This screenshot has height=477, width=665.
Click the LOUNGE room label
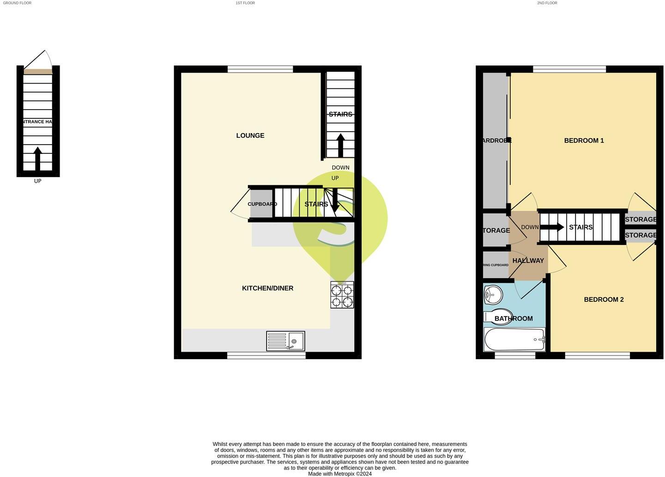pos(250,135)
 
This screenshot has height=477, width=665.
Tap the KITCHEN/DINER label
pos(268,288)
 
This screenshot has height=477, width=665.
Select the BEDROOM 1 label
pos(584,141)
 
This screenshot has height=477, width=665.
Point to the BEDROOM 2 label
pos(604,300)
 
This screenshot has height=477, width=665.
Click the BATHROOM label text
pos(514,318)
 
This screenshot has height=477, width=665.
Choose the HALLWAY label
pos(528,261)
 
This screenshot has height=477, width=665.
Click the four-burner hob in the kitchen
pos(342,295)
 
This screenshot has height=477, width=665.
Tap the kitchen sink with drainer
pos(285,341)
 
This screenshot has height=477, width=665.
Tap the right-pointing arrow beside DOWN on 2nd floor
pos(552,227)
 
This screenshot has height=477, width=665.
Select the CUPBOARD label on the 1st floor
pos(262,204)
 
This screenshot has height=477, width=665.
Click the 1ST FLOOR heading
pos(245,3)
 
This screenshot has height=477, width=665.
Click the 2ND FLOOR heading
pos(547,3)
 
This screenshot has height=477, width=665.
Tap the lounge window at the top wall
pos(260,69)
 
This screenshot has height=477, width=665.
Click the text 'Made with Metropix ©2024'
pos(340,474)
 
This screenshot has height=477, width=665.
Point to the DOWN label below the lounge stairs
pos(340,167)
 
